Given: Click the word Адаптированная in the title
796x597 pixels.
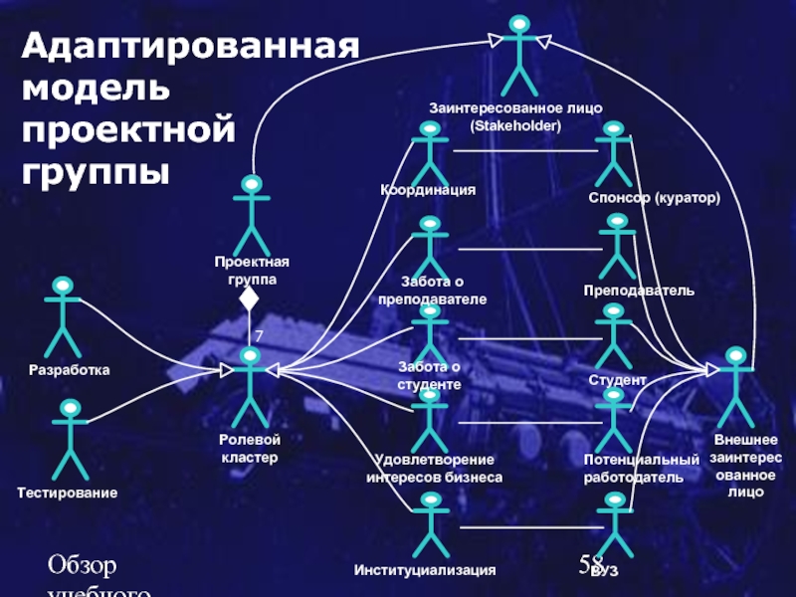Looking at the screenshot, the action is (189, 47).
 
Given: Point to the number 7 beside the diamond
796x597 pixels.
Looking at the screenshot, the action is (259, 337).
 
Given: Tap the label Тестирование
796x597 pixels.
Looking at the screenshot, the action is (68, 493).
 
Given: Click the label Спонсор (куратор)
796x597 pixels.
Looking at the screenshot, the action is (654, 199).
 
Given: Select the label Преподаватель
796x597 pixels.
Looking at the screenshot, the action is (639, 291).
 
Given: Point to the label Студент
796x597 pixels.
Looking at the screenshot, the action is (617, 380).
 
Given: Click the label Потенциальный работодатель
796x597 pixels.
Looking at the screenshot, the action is (642, 469).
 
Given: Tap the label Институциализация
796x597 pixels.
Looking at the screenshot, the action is (425, 571).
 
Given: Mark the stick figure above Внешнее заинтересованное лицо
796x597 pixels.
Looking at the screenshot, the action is (736, 386).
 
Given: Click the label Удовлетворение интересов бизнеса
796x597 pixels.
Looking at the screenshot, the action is (434, 469).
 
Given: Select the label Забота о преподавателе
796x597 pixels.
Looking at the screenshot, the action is (433, 291).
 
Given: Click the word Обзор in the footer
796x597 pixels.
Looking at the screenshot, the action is (84, 567).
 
